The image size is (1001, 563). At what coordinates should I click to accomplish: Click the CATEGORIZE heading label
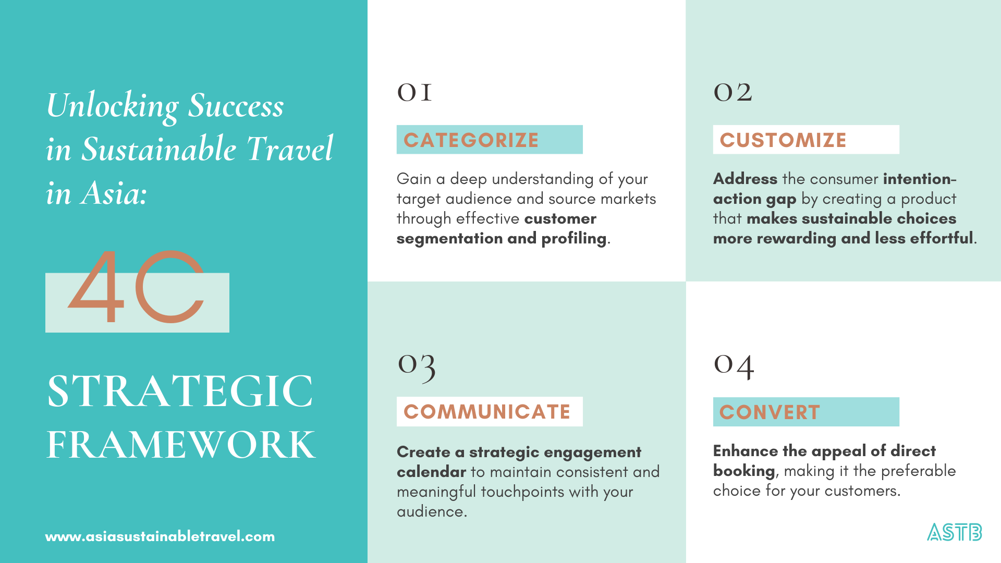click(x=471, y=140)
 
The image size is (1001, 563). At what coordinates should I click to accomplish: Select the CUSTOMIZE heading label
click(x=783, y=140)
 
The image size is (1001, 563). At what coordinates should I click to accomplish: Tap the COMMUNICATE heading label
click(x=487, y=412)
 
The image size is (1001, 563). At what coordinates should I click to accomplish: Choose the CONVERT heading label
click(x=770, y=412)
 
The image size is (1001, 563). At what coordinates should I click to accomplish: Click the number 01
click(x=414, y=93)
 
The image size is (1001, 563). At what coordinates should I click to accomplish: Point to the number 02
click(x=733, y=93)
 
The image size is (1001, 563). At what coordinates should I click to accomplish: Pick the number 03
click(x=416, y=366)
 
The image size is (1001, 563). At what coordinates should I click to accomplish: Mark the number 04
click(x=734, y=366)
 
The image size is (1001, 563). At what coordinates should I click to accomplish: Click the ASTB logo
click(x=954, y=532)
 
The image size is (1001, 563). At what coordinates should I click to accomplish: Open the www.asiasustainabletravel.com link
click(x=160, y=536)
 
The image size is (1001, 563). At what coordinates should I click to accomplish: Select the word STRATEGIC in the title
click(x=180, y=391)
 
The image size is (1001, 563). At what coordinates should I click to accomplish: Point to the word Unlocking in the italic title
click(x=113, y=106)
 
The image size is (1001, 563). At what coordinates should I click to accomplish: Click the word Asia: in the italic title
click(x=114, y=193)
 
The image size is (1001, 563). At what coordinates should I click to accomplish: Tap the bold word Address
click(x=745, y=179)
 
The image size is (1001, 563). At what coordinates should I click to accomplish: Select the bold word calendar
click(x=431, y=472)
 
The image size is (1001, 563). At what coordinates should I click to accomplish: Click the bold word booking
click(x=743, y=471)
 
